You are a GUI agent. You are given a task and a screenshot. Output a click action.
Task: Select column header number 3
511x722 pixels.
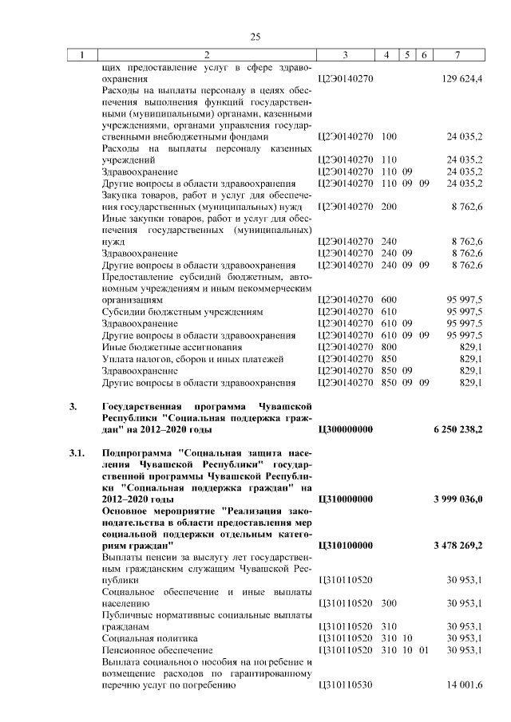[x=345, y=55]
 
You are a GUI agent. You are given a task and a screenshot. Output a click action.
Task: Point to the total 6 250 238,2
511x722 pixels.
[x=458, y=430]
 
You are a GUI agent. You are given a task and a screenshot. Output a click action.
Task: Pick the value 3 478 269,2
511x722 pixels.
[x=458, y=545]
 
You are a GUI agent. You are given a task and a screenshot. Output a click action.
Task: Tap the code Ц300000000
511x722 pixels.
[x=346, y=430]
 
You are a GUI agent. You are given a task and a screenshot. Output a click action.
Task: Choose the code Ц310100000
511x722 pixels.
[x=346, y=545]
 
